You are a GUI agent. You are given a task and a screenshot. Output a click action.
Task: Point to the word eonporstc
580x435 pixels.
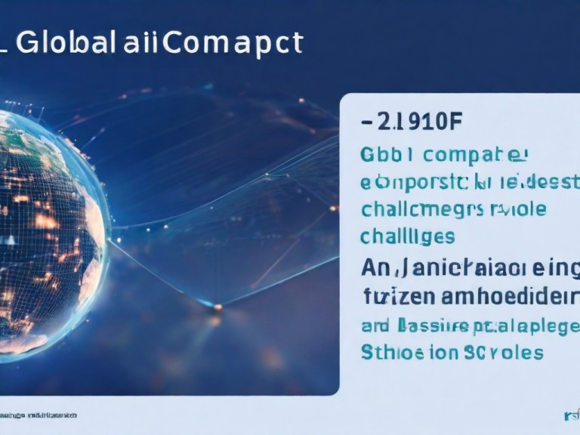[409, 182]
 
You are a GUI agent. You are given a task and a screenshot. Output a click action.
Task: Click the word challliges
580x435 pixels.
[407, 236]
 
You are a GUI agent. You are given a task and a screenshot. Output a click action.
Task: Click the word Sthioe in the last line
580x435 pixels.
[388, 352]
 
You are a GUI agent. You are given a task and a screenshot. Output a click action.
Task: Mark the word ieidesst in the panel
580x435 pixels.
[538, 182]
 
